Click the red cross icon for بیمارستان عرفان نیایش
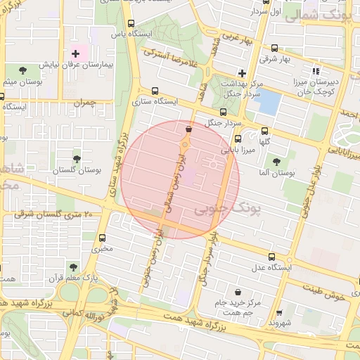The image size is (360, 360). coord(76,53)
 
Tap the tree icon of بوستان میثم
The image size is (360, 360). coord(22,70)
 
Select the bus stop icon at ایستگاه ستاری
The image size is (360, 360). coord(154,90)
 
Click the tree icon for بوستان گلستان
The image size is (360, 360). coord(77,159)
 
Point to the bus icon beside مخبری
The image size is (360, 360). coord(103,237)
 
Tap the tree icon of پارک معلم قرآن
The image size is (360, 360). coord(72,267)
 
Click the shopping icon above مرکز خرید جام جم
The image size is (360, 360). coord(239,291)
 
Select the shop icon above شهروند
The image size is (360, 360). coord(280,313)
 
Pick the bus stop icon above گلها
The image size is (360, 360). coord(264,131)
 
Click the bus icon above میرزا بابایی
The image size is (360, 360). coord(238,139)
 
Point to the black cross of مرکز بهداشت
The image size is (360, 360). coord(242,72)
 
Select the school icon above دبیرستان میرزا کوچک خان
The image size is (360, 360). coord(315,70)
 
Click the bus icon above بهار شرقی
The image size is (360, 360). coord(274,49)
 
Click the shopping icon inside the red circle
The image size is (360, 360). coord(188,129)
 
